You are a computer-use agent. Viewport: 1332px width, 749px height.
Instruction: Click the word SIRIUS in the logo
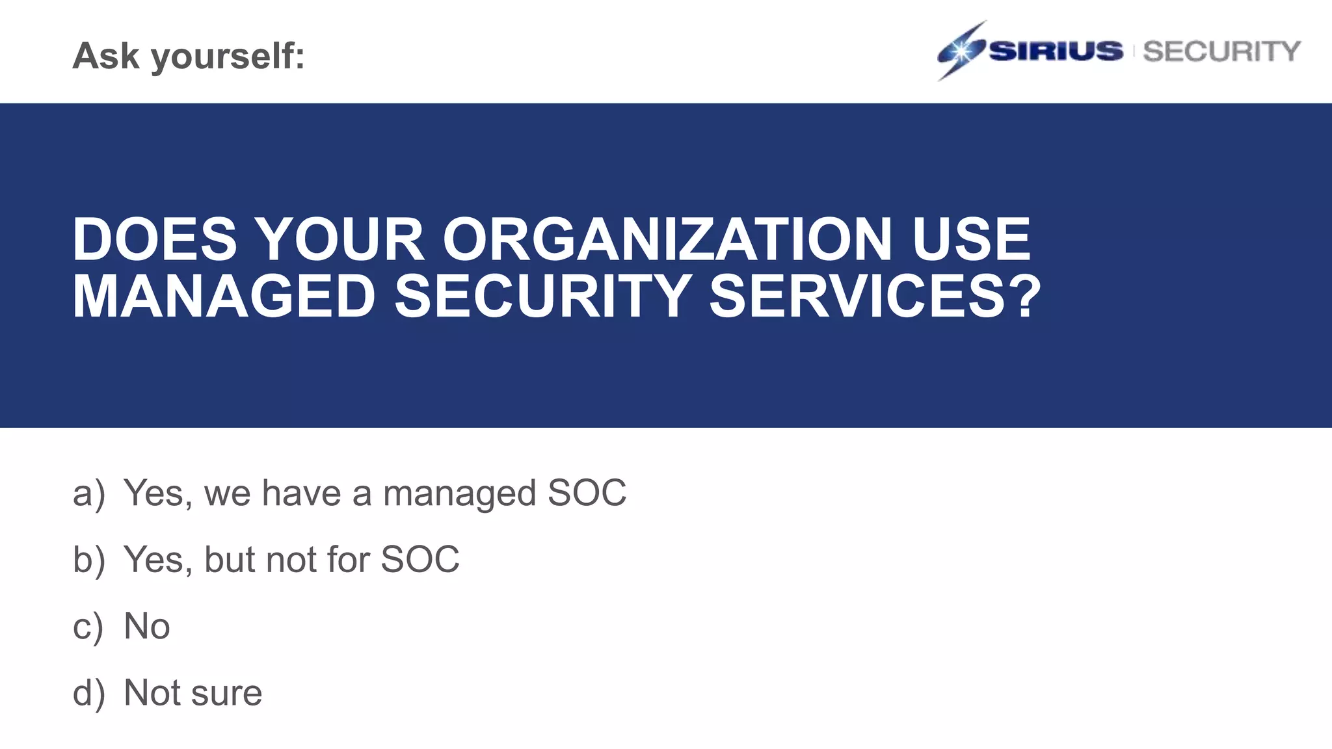tap(1056, 51)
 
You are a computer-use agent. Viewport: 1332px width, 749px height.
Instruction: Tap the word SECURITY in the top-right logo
tap(1221, 51)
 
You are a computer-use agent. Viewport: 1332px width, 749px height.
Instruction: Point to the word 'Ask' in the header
tap(106, 55)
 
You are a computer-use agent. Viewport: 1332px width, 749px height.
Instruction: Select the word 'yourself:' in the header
tap(228, 57)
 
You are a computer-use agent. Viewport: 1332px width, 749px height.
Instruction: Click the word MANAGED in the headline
tap(224, 296)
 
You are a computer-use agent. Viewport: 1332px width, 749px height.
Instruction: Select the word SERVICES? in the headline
tap(875, 296)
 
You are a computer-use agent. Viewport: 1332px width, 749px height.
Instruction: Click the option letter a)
tap(88, 493)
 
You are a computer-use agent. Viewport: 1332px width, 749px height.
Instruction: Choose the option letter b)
tap(88, 560)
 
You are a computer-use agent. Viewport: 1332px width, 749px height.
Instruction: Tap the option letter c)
tap(88, 627)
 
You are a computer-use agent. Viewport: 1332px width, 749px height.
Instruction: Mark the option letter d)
tap(88, 693)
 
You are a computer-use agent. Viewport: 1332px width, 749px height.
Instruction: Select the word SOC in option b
tap(420, 560)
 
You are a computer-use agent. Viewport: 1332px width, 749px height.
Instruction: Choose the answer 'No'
tap(147, 627)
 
